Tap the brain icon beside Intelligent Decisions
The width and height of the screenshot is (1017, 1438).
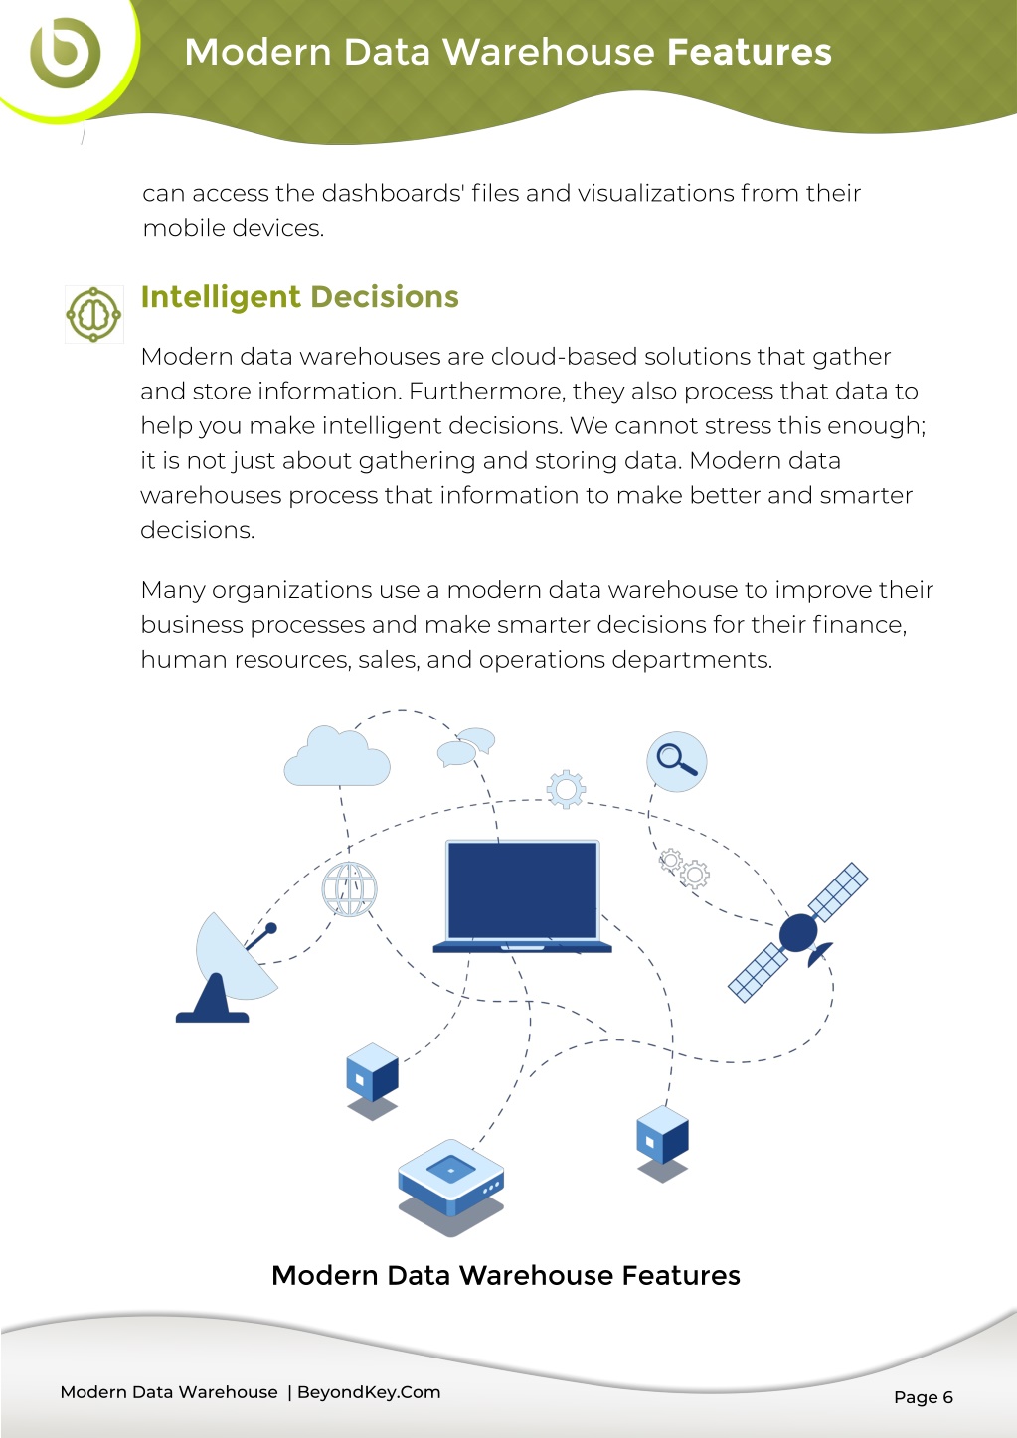pyautogui.click(x=93, y=314)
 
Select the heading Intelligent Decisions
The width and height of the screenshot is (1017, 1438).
pyautogui.click(x=300, y=296)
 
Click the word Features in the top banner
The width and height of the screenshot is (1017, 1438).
pyautogui.click(x=750, y=52)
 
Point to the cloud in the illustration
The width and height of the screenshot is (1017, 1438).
pyautogui.click(x=337, y=756)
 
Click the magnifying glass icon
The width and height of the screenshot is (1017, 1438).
pyautogui.click(x=677, y=761)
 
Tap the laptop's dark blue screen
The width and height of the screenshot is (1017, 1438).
pyautogui.click(x=523, y=889)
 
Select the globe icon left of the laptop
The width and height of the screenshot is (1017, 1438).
pyautogui.click(x=349, y=889)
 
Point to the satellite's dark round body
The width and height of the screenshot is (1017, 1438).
pyautogui.click(x=798, y=933)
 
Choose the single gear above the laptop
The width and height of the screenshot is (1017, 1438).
pyautogui.click(x=566, y=789)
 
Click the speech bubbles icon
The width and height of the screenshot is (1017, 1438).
pyautogui.click(x=466, y=747)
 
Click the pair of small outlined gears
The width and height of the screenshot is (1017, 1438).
pyautogui.click(x=684, y=869)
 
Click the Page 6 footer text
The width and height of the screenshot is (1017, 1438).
pyautogui.click(x=924, y=1397)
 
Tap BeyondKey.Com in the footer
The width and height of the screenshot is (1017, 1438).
pyautogui.click(x=369, y=1391)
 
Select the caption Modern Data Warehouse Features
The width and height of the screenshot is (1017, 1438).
pyautogui.click(x=506, y=1275)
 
